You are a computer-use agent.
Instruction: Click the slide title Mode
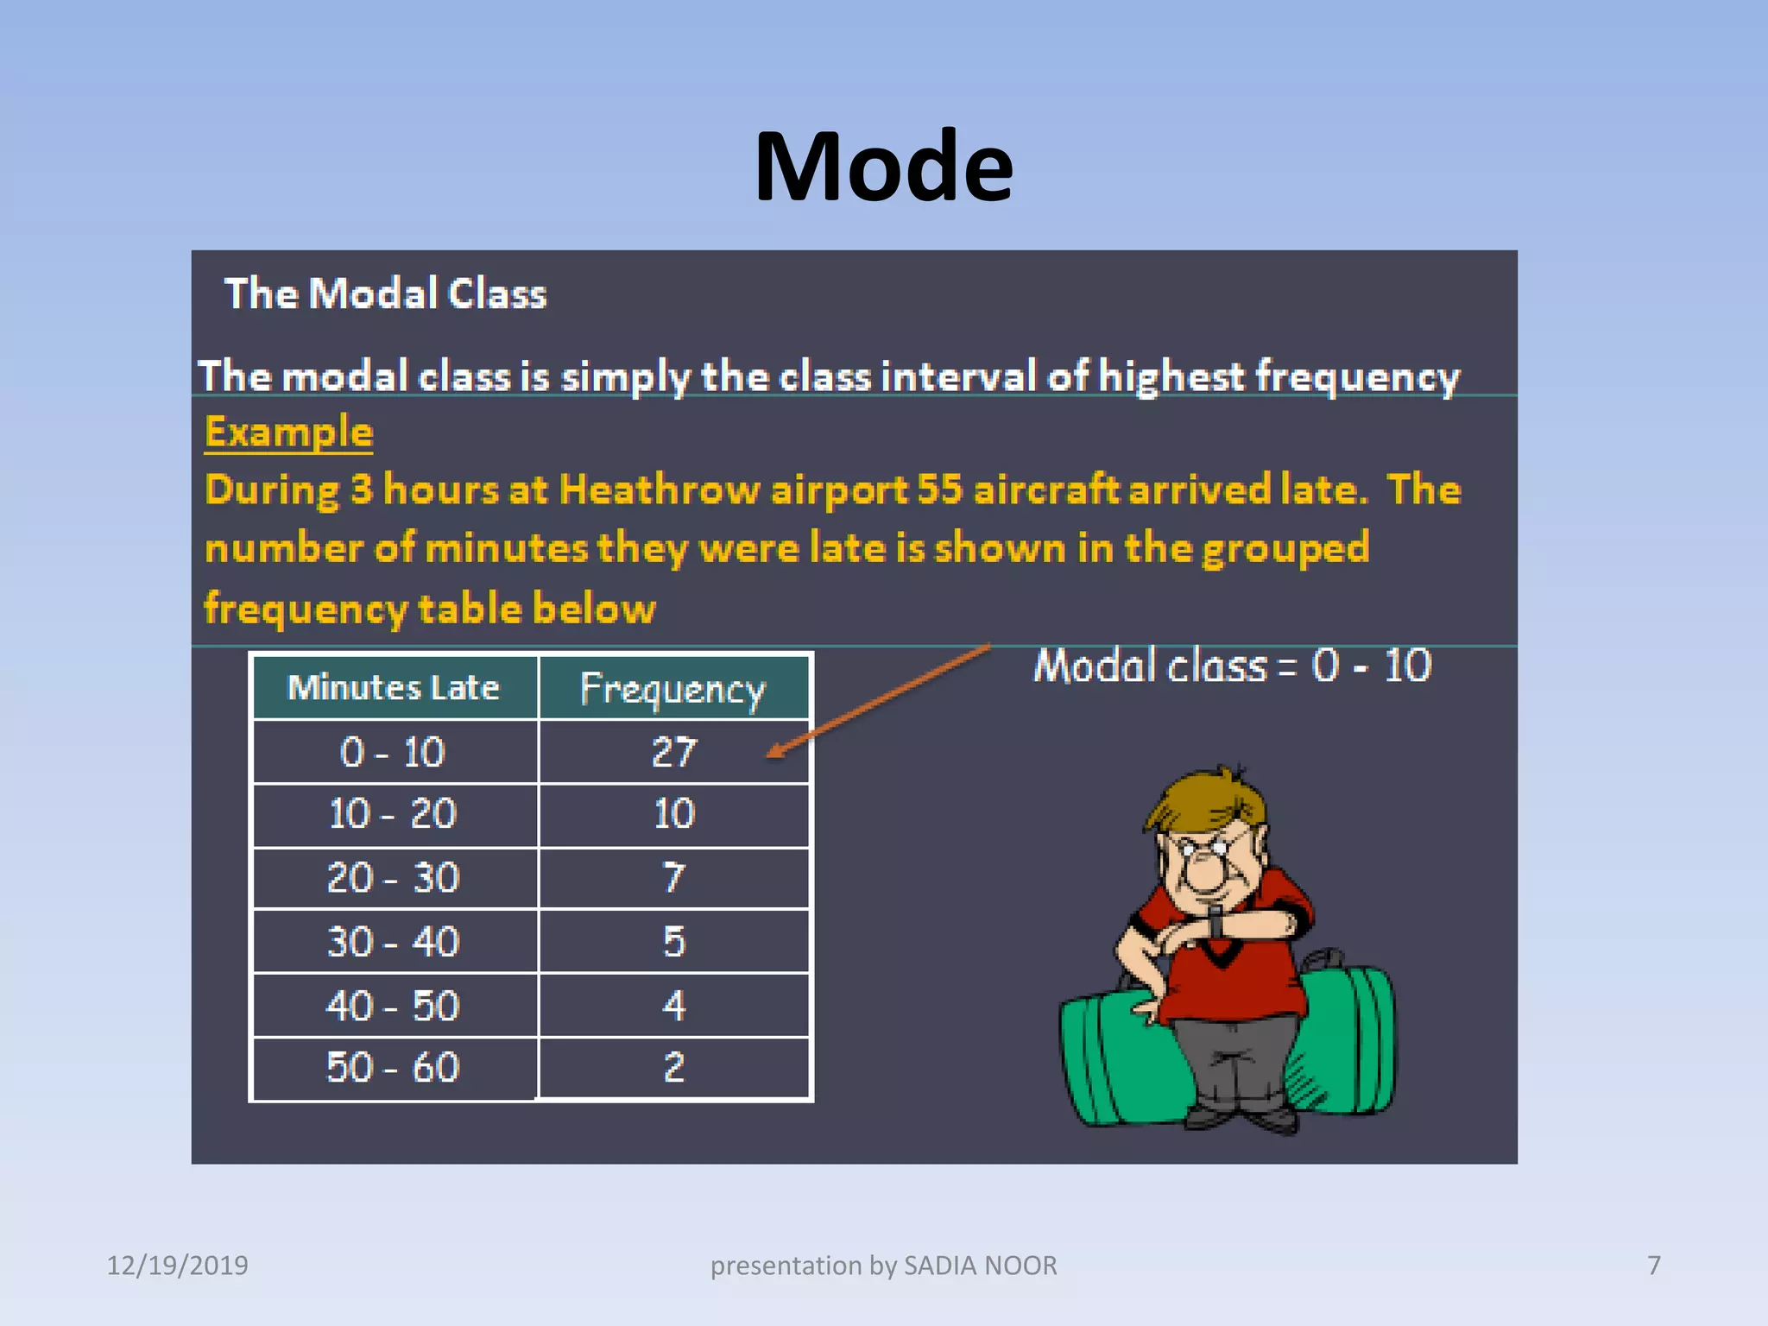(883, 166)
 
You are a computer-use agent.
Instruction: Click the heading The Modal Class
(385, 294)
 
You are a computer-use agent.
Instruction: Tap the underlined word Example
(288, 432)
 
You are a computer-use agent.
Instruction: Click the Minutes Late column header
(394, 688)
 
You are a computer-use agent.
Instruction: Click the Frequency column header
(672, 689)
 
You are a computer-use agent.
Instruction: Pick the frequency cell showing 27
(673, 752)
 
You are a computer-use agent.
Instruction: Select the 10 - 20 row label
(393, 814)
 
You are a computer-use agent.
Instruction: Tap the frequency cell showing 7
(673, 878)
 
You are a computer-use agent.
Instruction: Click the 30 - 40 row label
(393, 942)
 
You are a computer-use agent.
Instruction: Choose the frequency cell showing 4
(673, 1006)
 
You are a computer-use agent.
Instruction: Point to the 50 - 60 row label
(393, 1068)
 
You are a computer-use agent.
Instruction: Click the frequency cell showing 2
(673, 1068)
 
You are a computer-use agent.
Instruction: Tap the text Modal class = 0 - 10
(1233, 666)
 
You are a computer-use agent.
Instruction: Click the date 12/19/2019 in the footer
(177, 1266)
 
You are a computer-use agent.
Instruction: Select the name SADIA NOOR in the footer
(980, 1266)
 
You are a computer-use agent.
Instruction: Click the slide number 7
(1653, 1266)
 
